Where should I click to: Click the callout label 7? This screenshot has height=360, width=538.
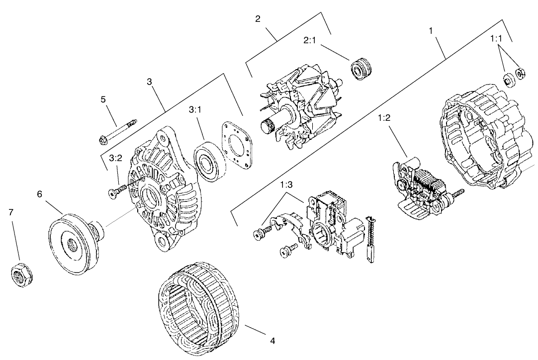click(11, 212)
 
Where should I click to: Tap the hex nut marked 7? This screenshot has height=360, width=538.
click(20, 274)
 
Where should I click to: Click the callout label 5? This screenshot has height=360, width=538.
click(103, 99)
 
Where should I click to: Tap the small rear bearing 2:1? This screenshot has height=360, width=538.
click(362, 69)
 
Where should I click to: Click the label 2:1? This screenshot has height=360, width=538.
click(310, 40)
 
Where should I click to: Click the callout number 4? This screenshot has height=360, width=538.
click(272, 341)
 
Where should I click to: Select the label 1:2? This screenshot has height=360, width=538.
click(384, 119)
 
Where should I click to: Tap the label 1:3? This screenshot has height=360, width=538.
click(287, 185)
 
